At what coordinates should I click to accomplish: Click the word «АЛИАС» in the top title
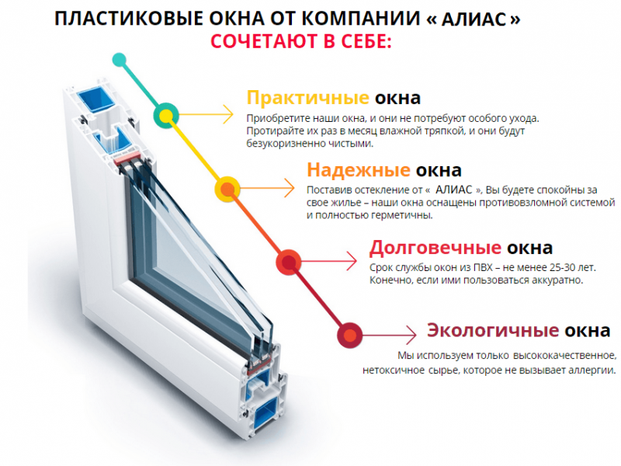(474, 19)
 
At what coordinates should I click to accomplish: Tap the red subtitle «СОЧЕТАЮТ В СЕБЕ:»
(301, 42)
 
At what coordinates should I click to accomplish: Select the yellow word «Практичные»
(307, 98)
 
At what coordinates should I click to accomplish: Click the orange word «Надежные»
(358, 170)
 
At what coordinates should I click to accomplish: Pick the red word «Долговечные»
(435, 248)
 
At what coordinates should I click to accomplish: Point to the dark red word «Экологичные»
(493, 331)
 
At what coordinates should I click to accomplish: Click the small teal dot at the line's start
(120, 60)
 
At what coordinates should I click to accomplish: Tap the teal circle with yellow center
(166, 116)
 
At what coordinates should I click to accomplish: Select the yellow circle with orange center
(227, 189)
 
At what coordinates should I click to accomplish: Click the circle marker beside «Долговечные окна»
(289, 263)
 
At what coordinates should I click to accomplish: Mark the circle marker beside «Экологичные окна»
(350, 336)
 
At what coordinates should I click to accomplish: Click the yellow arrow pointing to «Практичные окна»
(206, 115)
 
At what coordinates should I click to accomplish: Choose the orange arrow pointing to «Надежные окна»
(267, 188)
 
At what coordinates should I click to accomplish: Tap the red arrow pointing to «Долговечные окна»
(329, 262)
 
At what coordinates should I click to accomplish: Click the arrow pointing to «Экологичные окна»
(390, 336)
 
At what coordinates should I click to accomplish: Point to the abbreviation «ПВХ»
(483, 267)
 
